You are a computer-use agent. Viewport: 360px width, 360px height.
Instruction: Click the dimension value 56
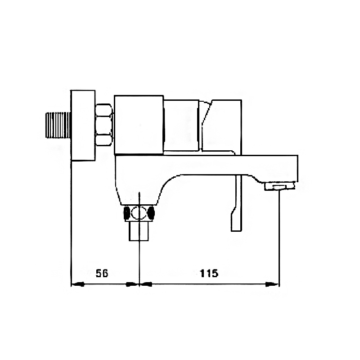point(102,273)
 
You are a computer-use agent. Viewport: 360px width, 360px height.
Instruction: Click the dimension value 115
point(209,273)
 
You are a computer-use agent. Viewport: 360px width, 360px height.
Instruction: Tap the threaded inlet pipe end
point(58,125)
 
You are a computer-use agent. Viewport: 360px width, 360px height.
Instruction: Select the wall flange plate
point(83,126)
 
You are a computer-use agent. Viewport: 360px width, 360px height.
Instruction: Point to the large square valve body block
point(139,125)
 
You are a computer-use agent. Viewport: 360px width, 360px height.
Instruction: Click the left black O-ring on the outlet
point(127,213)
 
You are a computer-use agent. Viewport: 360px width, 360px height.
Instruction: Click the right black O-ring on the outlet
point(151,212)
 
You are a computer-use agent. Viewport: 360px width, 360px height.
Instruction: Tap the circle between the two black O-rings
point(139,213)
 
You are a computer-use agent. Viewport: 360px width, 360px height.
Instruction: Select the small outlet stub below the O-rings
point(139,231)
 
